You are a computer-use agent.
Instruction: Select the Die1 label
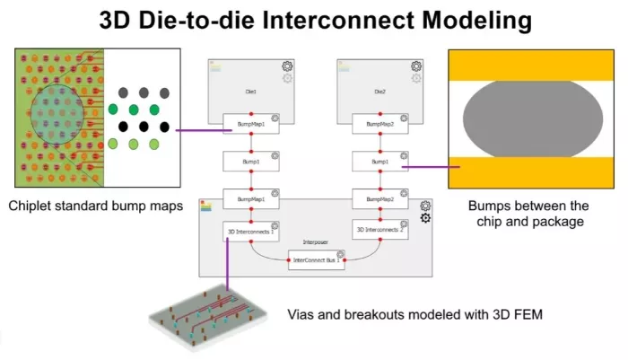[x=251, y=92]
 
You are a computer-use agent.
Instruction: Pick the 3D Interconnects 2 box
[x=379, y=230]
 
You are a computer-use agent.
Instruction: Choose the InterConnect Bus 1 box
[x=315, y=263]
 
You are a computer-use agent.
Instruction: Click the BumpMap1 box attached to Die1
[x=251, y=126]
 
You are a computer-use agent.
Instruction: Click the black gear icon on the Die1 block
[x=287, y=66]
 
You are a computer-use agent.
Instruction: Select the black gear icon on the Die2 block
[x=415, y=66]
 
